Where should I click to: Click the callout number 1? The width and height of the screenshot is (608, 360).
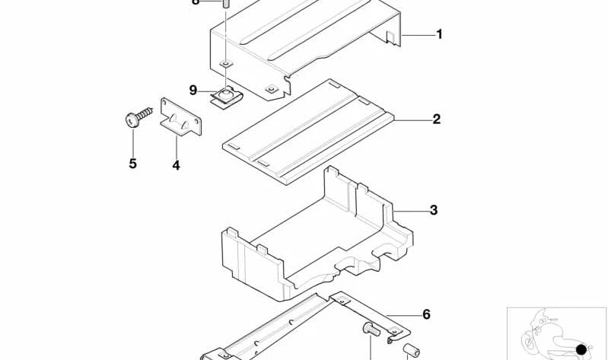point(439,34)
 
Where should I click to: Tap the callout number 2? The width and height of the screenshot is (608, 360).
point(436,119)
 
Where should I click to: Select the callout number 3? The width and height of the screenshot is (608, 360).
point(434,210)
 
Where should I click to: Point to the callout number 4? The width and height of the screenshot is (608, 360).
point(176,164)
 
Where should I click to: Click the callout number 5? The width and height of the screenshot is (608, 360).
point(132,163)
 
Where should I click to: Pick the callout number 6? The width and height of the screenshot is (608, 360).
point(426,314)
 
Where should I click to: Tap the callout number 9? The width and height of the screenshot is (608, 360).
point(193,91)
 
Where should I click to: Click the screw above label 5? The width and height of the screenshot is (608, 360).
point(137,118)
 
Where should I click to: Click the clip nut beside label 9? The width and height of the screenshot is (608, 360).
point(224,97)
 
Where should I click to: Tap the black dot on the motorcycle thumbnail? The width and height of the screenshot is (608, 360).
point(581,348)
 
